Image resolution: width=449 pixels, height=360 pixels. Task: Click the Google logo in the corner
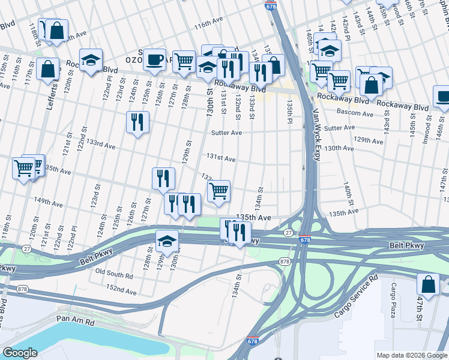[x=20, y=353]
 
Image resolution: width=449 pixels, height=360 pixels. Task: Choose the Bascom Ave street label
[x=339, y=113]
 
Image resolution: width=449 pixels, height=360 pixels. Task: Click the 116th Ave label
[x=208, y=26]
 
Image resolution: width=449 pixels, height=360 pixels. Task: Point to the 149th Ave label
[x=49, y=203]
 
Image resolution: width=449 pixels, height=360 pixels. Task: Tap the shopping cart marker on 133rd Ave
[x=219, y=191]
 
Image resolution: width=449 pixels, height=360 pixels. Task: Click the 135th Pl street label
[x=289, y=110]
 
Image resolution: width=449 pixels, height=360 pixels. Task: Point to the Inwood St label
[x=429, y=126]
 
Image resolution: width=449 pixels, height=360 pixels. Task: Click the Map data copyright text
[x=412, y=355]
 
